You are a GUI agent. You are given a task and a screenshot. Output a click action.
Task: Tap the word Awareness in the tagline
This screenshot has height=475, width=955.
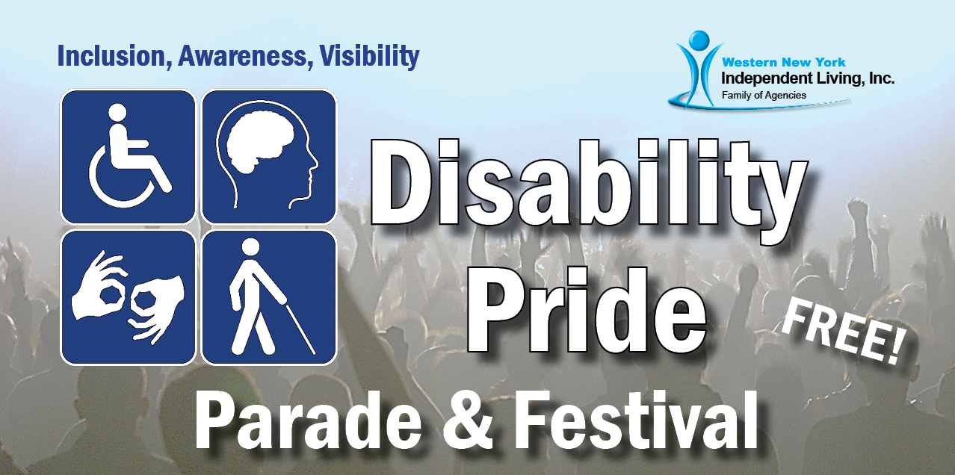pyautogui.click(x=243, y=56)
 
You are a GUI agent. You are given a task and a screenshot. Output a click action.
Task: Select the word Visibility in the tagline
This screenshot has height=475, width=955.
pyautogui.click(x=369, y=56)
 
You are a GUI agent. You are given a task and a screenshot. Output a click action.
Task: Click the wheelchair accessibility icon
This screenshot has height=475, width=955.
pyautogui.click(x=129, y=156)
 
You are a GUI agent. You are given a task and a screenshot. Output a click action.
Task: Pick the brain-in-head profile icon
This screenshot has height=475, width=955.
pyautogui.click(x=269, y=156)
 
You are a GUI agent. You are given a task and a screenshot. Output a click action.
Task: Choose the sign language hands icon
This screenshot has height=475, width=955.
pyautogui.click(x=129, y=297)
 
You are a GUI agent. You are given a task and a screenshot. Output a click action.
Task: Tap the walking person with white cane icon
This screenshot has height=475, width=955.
pyautogui.click(x=269, y=297)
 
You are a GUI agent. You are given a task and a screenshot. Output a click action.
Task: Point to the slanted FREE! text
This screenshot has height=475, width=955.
pyautogui.click(x=843, y=332)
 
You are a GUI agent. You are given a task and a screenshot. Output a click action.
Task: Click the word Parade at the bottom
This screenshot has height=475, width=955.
pyautogui.click(x=308, y=419)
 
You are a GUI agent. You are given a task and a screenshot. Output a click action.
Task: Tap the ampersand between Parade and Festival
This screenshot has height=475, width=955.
pyautogui.click(x=468, y=420)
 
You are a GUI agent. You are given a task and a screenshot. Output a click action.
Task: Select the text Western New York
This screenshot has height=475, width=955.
pyautogui.click(x=784, y=62)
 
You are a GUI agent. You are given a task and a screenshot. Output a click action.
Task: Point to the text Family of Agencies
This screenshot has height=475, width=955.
pyautogui.click(x=764, y=95)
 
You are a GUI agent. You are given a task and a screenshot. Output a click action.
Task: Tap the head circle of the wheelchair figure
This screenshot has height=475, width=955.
pyautogui.click(x=117, y=113)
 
